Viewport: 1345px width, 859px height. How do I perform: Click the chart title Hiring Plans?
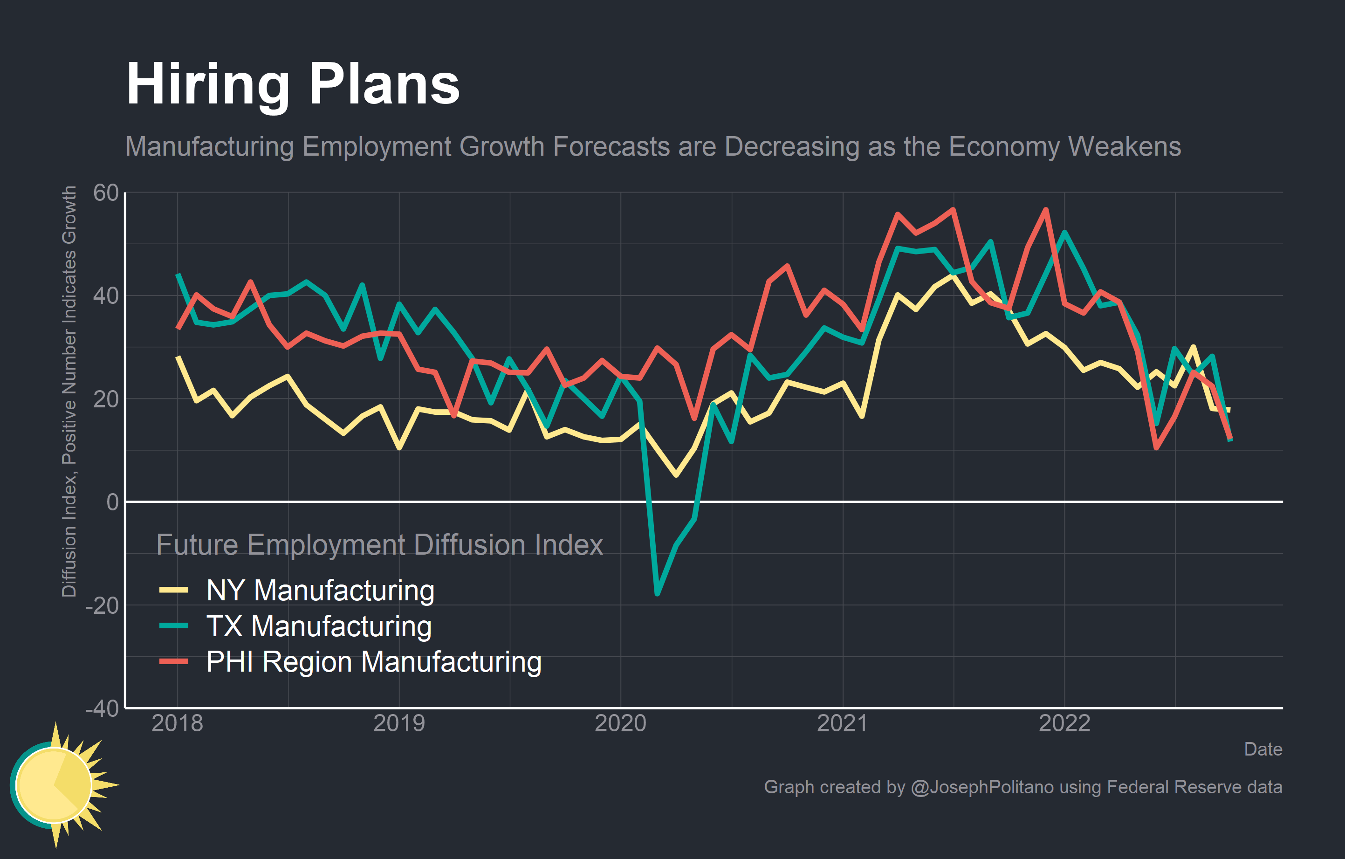click(x=293, y=85)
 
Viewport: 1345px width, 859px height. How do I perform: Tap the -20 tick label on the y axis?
click(x=102, y=605)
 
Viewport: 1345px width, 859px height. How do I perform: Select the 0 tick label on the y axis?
click(x=112, y=502)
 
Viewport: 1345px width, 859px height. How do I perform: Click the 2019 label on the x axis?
click(x=399, y=724)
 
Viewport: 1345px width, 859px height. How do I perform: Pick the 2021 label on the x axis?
click(x=842, y=724)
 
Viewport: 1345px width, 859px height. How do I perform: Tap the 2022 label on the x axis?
click(x=1064, y=724)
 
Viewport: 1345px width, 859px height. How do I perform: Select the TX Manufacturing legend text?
click(x=319, y=626)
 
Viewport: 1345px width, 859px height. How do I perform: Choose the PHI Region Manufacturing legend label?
click(x=374, y=662)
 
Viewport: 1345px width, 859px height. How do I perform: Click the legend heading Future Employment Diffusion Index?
click(x=379, y=545)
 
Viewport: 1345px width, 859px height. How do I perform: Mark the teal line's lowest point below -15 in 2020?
click(x=658, y=594)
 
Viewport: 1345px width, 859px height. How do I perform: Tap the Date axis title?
click(x=1263, y=749)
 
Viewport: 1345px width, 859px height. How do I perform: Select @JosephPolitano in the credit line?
click(x=982, y=787)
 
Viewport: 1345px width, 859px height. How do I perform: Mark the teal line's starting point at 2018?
click(x=178, y=275)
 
